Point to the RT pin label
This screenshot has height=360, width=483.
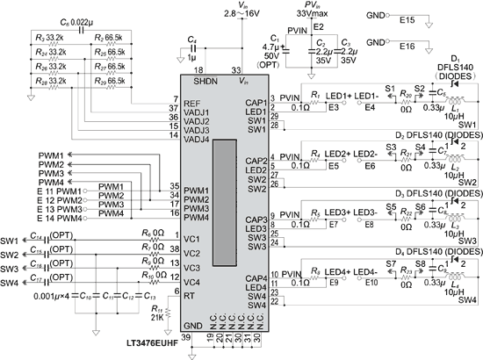pyautogui.click(x=189, y=296)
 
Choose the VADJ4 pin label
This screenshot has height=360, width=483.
pyautogui.click(x=198, y=140)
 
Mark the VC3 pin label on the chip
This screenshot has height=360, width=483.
pyautogui.click(x=192, y=267)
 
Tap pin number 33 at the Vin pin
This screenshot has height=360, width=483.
pyautogui.click(x=234, y=69)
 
